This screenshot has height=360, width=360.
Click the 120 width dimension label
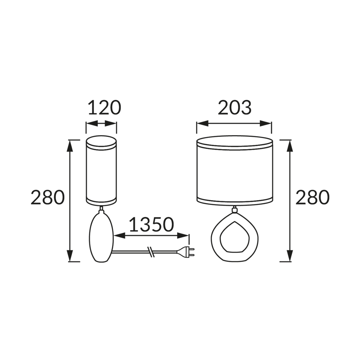(x=104, y=108)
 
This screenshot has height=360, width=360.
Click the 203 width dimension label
(x=235, y=108)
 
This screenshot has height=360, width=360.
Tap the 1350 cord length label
(x=151, y=224)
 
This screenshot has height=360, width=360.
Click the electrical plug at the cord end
(x=186, y=252)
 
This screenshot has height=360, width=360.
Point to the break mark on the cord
(x=151, y=252)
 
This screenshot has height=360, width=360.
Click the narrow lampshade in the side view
(x=101, y=171)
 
